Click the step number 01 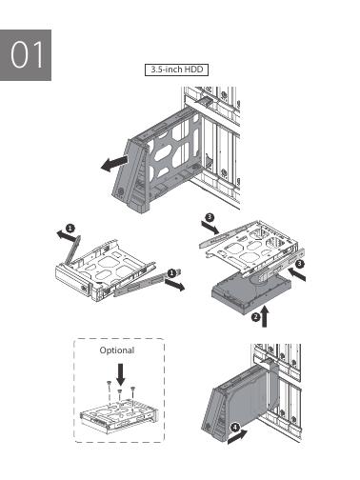(27, 54)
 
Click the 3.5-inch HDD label (176, 70)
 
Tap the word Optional (117, 350)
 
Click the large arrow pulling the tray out (115, 163)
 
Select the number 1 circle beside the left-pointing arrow (70, 228)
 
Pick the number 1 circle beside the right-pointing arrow (171, 272)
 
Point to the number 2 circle (255, 317)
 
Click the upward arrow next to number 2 (265, 316)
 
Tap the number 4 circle (235, 428)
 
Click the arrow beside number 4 (237, 436)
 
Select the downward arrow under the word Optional (121, 374)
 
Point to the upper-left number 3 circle (210, 217)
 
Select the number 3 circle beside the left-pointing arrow (299, 264)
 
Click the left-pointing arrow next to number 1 (67, 235)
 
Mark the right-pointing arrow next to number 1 (174, 285)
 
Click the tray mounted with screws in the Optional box (119, 416)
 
